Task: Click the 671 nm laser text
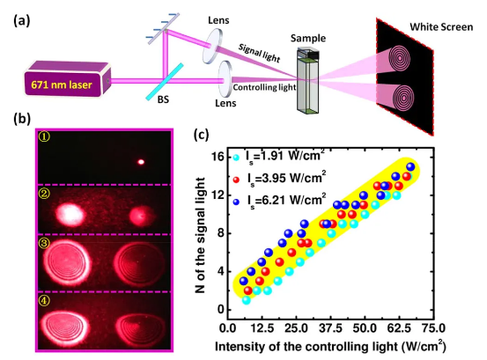click(62, 84)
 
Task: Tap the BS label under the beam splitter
click(163, 99)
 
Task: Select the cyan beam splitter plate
click(165, 82)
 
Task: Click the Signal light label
click(259, 53)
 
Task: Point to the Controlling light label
click(264, 87)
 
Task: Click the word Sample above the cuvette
click(308, 38)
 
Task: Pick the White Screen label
click(441, 27)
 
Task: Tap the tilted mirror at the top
click(164, 28)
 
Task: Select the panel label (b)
click(22, 119)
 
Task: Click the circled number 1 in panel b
click(44, 136)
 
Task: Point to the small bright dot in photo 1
click(141, 162)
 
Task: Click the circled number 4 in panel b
click(44, 300)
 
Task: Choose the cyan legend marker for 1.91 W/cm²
click(236, 158)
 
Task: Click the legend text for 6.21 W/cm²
click(287, 200)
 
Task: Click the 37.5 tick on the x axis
click(331, 328)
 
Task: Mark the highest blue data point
click(410, 166)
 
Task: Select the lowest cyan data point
click(247, 300)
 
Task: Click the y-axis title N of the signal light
click(201, 235)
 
